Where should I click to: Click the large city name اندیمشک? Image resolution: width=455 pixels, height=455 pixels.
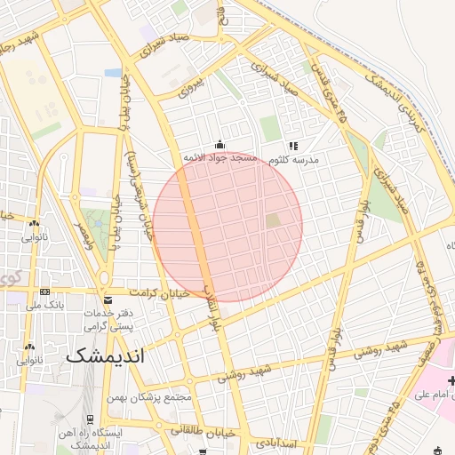104,355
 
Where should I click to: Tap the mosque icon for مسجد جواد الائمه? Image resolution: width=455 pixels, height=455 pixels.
220,145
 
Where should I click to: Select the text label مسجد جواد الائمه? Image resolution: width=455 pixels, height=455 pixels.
220,158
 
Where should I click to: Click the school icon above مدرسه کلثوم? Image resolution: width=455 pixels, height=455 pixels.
293,146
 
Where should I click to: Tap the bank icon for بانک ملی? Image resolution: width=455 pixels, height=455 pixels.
44,292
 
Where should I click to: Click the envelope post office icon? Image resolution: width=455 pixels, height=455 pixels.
108,299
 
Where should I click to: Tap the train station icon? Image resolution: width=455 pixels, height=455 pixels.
90,419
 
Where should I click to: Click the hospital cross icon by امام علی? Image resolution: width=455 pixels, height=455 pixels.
451,381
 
